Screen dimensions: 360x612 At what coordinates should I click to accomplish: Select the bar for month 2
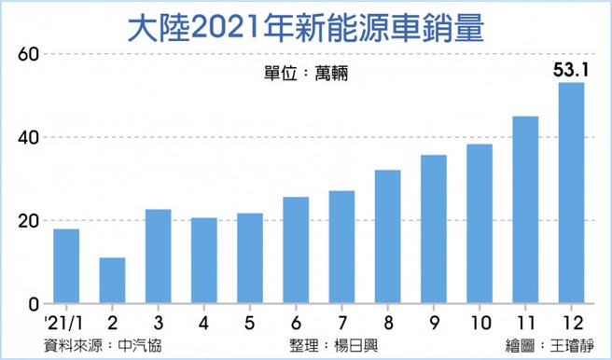(x=112, y=281)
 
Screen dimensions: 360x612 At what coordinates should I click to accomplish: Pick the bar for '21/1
(x=66, y=267)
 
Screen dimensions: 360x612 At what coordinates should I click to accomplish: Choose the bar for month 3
(x=158, y=256)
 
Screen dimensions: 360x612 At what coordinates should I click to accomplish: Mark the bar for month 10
(x=480, y=224)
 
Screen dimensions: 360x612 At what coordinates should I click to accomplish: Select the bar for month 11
(x=525, y=210)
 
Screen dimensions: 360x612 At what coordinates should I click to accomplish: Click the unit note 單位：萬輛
(x=305, y=74)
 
